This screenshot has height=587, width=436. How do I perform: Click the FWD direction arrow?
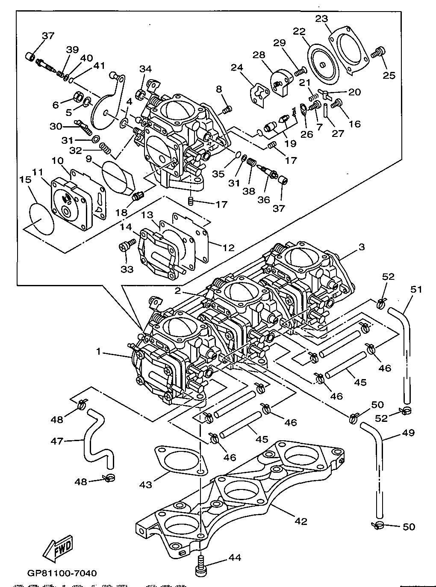[x=58, y=547]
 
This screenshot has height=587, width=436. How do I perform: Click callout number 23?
[x=321, y=19]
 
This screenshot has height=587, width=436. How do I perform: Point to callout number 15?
[x=26, y=179]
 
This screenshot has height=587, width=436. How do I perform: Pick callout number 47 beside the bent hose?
[x=57, y=441]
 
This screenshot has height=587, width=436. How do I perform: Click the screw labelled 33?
[x=127, y=245]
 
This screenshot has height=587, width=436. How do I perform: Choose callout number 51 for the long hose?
[x=416, y=290]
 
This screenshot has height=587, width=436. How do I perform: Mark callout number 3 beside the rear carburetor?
[x=362, y=247]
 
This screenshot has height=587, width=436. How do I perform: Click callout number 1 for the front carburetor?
[x=98, y=352]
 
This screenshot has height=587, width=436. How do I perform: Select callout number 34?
[x=145, y=69]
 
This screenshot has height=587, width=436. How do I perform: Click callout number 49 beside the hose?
[x=408, y=433]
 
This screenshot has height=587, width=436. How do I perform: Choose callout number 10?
[x=57, y=160]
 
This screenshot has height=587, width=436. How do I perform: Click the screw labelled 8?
[x=227, y=110]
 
